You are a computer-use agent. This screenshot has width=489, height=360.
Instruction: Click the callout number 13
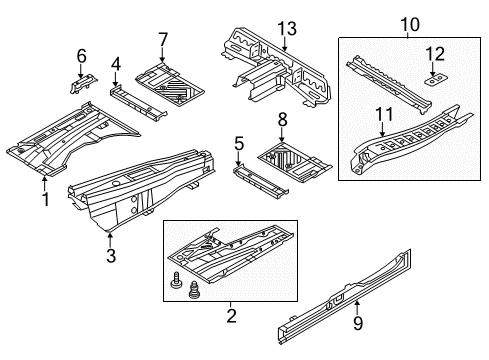[x=287, y=29]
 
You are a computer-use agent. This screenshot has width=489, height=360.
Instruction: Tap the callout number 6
[x=82, y=56]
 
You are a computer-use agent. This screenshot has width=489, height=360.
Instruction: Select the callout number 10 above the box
[x=410, y=25]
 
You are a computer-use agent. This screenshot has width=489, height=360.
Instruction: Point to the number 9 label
[x=358, y=323]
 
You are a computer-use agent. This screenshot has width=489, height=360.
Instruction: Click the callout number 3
[x=111, y=256]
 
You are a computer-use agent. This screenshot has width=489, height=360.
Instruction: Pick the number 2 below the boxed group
[x=231, y=316]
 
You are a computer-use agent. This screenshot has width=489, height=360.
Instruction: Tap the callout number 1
[x=46, y=199]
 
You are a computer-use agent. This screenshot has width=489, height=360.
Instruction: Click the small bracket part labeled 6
[x=83, y=84]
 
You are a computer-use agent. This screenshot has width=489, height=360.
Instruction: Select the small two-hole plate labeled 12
[x=436, y=80]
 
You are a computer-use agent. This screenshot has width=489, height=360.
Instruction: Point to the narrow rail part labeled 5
[x=260, y=181]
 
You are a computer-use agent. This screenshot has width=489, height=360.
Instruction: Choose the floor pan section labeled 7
[x=169, y=85]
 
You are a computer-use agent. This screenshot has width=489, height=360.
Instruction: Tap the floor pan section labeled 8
[x=294, y=162]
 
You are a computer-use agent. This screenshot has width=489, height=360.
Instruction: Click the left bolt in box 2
[x=176, y=281]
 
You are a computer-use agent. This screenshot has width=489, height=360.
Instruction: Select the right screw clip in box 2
[x=193, y=289]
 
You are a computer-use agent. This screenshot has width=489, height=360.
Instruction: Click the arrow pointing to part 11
[x=382, y=129]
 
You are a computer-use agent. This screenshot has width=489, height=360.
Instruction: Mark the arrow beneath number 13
[x=284, y=44]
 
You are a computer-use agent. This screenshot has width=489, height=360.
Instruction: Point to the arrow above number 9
[x=357, y=307]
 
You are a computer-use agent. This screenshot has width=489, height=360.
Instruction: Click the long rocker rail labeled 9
[x=344, y=296]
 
